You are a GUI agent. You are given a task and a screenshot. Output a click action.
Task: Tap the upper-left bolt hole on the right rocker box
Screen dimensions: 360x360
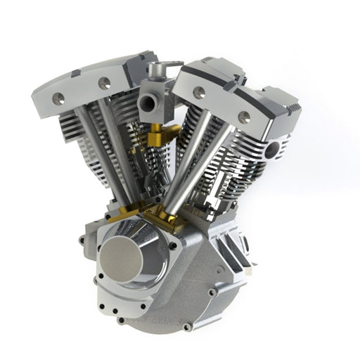tap(199, 90)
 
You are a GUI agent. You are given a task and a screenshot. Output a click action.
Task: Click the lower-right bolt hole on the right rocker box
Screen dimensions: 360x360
tap(244, 117)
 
